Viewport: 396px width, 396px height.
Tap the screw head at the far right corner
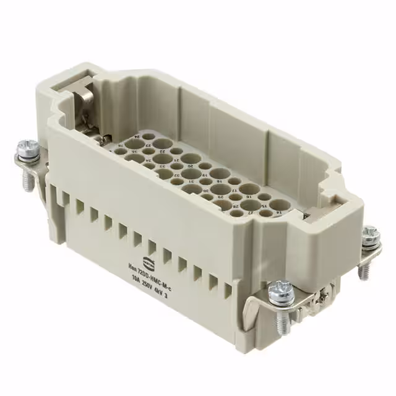(x=370, y=234)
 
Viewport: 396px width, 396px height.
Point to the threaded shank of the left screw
(x=27, y=180)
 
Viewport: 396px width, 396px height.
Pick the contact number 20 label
(x=191, y=166)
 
